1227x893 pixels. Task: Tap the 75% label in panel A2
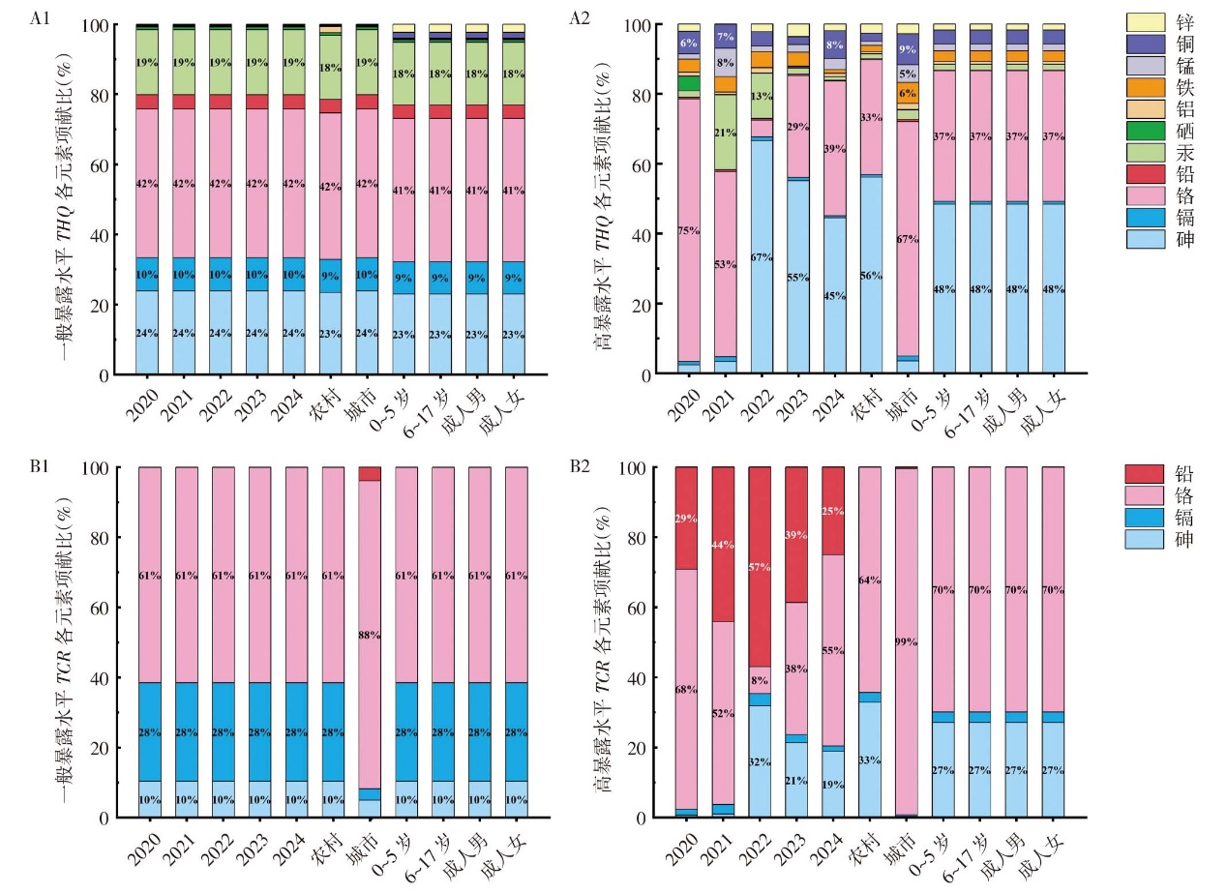point(688,230)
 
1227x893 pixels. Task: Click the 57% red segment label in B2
point(760,568)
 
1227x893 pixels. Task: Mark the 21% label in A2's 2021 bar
point(725,133)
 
